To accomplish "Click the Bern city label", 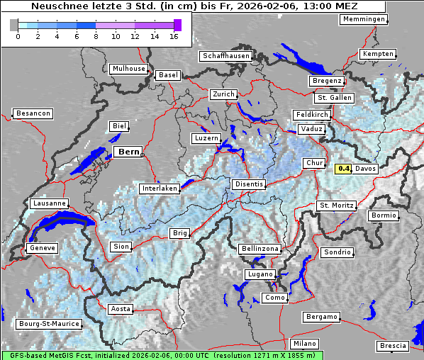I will [128, 152].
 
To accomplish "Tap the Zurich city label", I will [223, 94].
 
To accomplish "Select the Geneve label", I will [41, 248].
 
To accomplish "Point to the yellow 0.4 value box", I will [344, 169].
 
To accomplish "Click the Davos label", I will [365, 169].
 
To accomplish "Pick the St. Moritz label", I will [335, 206].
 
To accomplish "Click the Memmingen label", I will [364, 19].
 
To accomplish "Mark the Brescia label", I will [394, 345].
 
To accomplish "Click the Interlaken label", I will [159, 189].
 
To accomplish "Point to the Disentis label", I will [248, 184].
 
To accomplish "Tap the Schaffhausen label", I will [225, 55].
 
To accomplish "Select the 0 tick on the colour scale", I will [18, 35].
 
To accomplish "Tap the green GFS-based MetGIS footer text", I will [162, 355].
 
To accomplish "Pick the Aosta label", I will [120, 309].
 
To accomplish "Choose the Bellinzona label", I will [260, 249].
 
